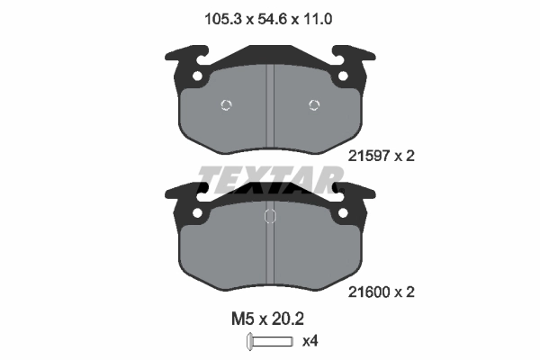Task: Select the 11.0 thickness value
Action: coord(317,19)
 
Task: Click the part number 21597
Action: coord(368,156)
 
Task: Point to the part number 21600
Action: coord(368,292)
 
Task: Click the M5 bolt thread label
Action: coord(243,319)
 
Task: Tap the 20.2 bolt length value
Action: coord(288,319)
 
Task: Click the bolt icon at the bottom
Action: coord(270,342)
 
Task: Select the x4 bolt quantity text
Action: coord(310,341)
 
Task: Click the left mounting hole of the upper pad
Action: coord(197,76)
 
